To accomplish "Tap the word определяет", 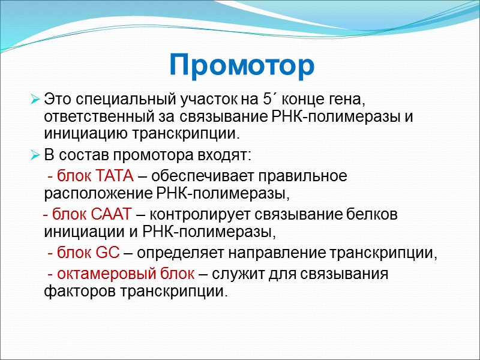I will click(177, 253).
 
